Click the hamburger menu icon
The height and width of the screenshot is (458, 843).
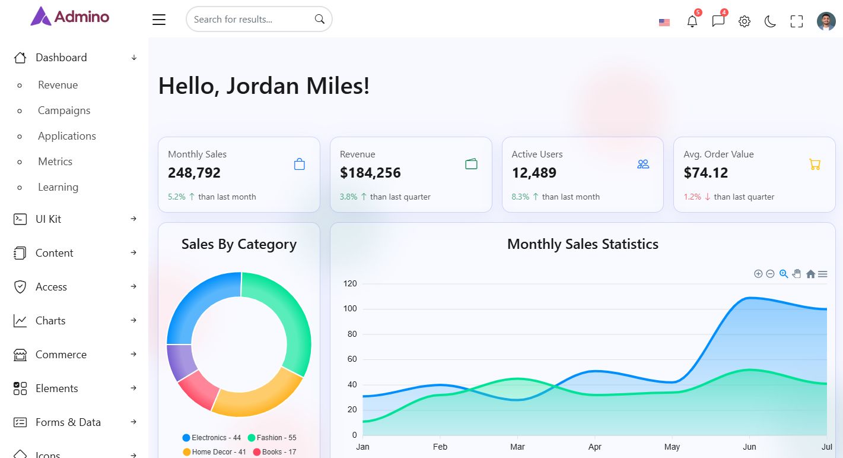(159, 20)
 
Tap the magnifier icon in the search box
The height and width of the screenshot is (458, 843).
(320, 19)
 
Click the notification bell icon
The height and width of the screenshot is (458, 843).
(692, 21)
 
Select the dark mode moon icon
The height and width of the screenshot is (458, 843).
(770, 22)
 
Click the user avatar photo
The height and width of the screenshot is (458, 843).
(826, 21)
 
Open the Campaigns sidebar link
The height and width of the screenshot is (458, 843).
(64, 110)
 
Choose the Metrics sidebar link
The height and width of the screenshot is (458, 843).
(55, 162)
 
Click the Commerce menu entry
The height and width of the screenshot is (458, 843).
(61, 355)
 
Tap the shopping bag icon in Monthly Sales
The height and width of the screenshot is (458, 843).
(300, 164)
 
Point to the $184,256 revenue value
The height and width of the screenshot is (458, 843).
(370, 173)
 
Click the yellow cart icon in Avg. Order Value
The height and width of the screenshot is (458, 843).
(815, 164)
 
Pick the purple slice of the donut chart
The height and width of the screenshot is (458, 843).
(179, 361)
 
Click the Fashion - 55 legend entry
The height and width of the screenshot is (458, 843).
(272, 438)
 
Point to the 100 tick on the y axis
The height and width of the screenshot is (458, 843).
(350, 309)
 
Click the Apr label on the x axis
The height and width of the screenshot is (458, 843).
(595, 447)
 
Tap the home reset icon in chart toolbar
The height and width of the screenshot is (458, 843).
(810, 274)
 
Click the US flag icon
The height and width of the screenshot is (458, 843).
(664, 23)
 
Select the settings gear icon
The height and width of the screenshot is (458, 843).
(745, 21)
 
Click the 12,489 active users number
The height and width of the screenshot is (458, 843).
(534, 173)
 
